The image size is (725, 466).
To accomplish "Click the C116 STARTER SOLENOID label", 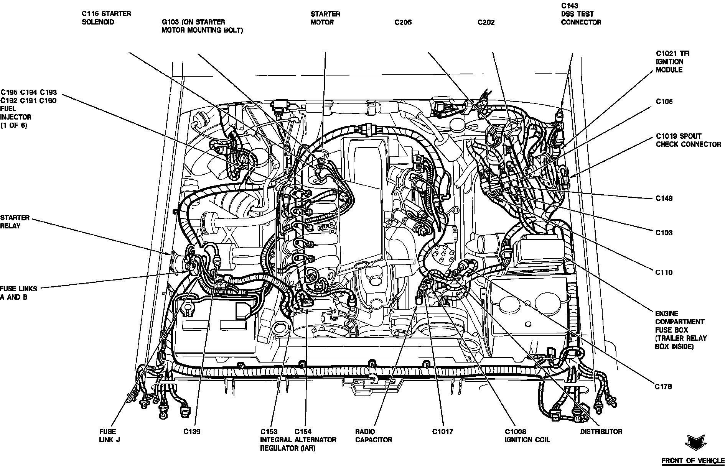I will tap(106, 18).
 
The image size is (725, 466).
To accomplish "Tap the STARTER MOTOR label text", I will tap(325, 18).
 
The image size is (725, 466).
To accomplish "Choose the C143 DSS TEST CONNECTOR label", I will tap(581, 14).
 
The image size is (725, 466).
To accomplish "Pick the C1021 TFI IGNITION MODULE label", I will tap(669, 62).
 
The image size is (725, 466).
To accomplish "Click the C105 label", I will tap(664, 102).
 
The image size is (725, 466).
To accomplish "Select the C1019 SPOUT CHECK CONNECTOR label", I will tap(688, 140).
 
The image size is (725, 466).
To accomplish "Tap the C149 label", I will tap(664, 199).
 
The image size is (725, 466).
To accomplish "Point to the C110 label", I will tap(664, 273).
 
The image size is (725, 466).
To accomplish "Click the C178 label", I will tap(663, 387).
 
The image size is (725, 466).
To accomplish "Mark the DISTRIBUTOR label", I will tap(601, 432).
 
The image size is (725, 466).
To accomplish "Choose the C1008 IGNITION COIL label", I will tap(527, 436).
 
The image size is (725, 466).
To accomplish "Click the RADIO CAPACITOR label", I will tap(373, 436).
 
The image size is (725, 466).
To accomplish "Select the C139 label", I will tap(191, 432).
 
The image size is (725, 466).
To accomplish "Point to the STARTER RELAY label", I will tap(15, 222).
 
